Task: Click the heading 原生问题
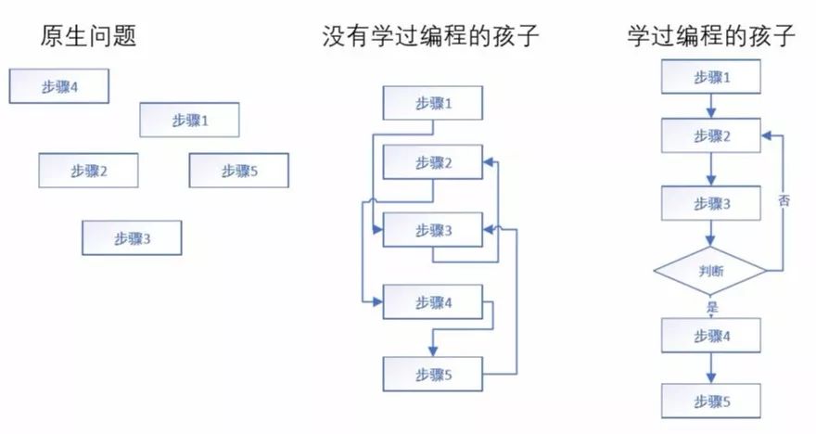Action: pyautogui.click(x=88, y=36)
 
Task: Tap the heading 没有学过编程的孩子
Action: pyautogui.click(x=430, y=36)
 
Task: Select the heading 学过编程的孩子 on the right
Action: pyautogui.click(x=711, y=35)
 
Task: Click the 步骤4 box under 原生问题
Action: pyautogui.click(x=59, y=86)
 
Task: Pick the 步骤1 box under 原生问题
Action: pyautogui.click(x=189, y=121)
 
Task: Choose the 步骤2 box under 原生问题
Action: pyautogui.click(x=88, y=170)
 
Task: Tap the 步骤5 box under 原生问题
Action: pyautogui.click(x=239, y=170)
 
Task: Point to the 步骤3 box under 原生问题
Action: pyautogui.click(x=132, y=237)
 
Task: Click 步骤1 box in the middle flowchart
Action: pyautogui.click(x=433, y=103)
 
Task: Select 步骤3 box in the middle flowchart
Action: pyautogui.click(x=433, y=229)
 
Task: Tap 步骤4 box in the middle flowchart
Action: pyautogui.click(x=433, y=301)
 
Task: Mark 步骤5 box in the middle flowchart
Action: pyautogui.click(x=433, y=374)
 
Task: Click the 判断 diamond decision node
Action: pyautogui.click(x=710, y=271)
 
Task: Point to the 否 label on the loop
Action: pyautogui.click(x=784, y=199)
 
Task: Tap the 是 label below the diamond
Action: pyautogui.click(x=712, y=307)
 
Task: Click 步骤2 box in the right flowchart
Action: pyautogui.click(x=711, y=135)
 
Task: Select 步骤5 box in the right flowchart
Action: pyautogui.click(x=711, y=402)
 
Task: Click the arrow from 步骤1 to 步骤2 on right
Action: pyautogui.click(x=711, y=106)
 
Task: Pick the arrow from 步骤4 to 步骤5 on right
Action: pyautogui.click(x=711, y=368)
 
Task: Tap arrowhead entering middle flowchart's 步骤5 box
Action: pyautogui.click(x=432, y=351)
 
